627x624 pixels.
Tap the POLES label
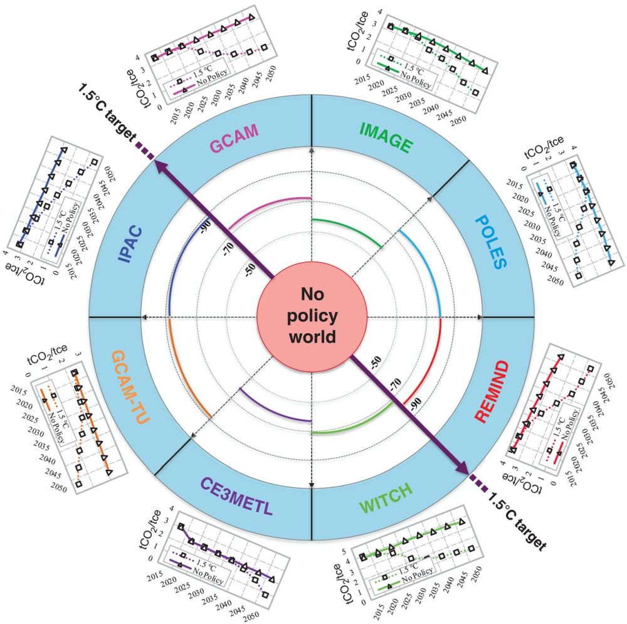[x=490, y=241]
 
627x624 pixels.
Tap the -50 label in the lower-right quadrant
[x=375, y=361]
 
